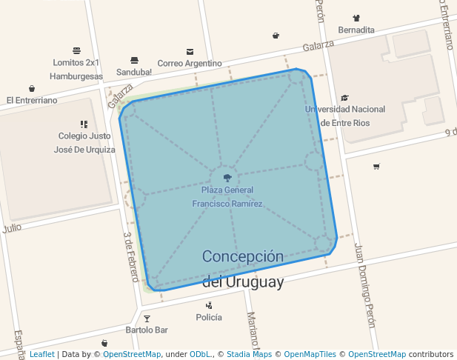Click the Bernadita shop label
pos(356,30)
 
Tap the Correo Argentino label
pos(190,63)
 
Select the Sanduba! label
pos(134,72)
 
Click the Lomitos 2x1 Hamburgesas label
pos(76,69)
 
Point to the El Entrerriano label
pos(32,100)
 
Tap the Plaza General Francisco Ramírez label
pos(227,196)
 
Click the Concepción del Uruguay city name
pos(243,269)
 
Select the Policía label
pos(209,317)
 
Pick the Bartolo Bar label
pos(147,329)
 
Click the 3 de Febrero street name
pos(130,256)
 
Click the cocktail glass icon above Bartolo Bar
pos(147,319)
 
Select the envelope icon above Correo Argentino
pos(190,52)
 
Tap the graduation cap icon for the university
pos(344,98)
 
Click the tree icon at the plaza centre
pos(227,178)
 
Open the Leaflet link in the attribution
pos(41,355)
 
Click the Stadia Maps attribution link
pos(247,355)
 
